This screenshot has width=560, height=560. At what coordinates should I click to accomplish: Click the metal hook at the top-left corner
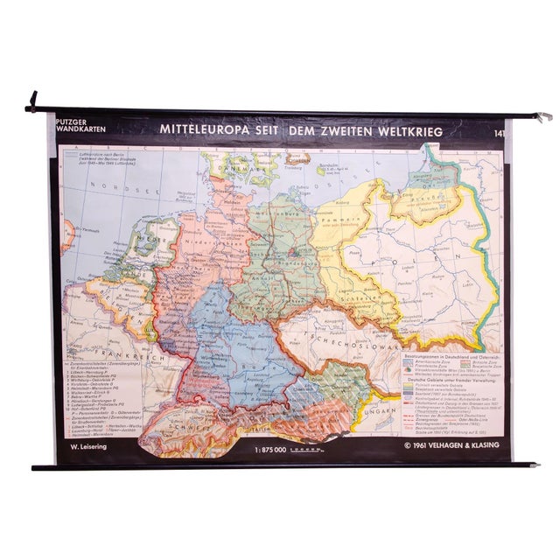click(33, 101)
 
